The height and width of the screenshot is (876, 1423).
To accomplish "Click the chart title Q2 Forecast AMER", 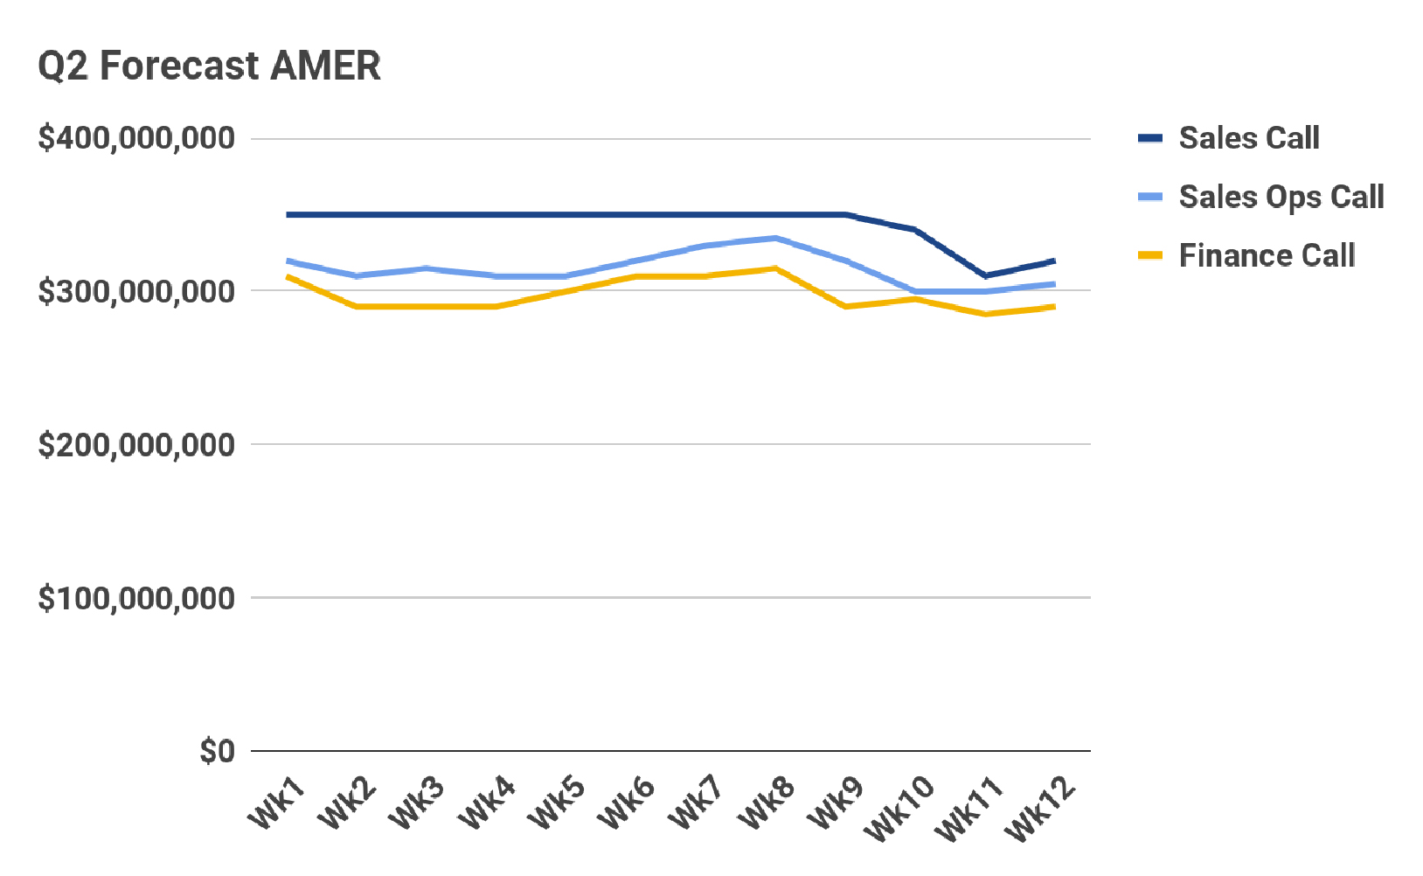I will [210, 66].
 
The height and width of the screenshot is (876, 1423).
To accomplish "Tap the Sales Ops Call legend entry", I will [1281, 198].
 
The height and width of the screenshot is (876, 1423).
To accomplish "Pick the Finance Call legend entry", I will [1267, 256].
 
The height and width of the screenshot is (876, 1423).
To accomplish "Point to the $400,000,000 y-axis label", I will [137, 138].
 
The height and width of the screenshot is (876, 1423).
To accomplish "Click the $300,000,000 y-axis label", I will [137, 291].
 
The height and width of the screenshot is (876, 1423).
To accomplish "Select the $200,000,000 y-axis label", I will [137, 444].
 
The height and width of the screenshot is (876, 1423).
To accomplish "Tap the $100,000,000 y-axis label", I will [137, 598].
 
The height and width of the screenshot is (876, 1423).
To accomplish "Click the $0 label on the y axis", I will [218, 751].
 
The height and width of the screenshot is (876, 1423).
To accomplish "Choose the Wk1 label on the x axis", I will [277, 803].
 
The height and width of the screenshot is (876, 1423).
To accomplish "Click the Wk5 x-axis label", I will [556, 803].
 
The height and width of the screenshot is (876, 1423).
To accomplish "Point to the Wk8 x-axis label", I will [766, 803].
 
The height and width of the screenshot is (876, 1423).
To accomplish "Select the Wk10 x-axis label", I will [899, 810].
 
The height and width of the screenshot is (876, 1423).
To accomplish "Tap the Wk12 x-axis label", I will [1039, 810].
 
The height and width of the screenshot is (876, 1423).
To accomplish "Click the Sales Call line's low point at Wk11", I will [986, 275].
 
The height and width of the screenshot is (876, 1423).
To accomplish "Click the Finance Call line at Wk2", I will [357, 307].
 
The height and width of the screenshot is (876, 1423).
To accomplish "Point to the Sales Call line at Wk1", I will [288, 214].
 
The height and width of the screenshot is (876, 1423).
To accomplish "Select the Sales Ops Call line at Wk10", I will [916, 291].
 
